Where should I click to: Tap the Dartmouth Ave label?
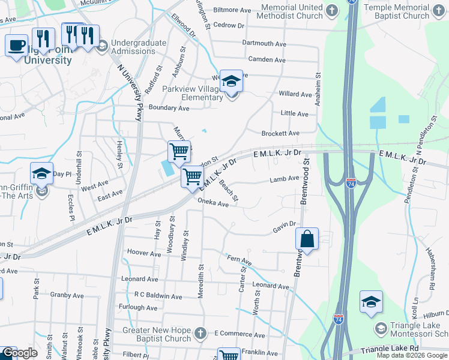pos(264,43)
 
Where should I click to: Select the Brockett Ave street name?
pos(280,133)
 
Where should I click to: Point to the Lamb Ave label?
pos(284,179)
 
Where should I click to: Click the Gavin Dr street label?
pos(285,224)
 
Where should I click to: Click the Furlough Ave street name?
pos(139,308)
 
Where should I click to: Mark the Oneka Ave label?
pos(213,204)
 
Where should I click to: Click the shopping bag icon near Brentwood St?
pos(307,239)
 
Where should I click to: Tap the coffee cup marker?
pos(16,44)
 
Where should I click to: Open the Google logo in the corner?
pos(19,353)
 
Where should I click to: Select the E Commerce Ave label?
pos(240,334)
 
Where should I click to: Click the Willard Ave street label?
pos(295,94)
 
